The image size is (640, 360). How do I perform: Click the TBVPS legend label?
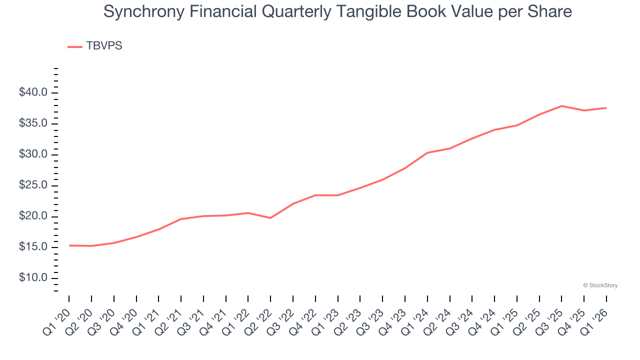(104, 46)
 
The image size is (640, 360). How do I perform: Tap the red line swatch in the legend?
(75, 46)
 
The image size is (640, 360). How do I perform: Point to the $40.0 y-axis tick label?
(33, 92)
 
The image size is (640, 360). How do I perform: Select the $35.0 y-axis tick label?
(33, 123)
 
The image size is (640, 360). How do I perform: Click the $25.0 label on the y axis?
(33, 185)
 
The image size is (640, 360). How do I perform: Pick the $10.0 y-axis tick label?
(33, 278)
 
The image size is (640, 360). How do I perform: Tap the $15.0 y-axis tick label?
(33, 247)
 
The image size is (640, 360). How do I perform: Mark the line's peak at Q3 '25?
(562, 106)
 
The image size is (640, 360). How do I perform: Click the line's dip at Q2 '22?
(270, 218)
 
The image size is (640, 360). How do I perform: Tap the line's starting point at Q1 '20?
(69, 245)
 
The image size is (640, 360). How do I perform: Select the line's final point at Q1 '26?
(606, 108)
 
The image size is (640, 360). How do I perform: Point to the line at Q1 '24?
(427, 152)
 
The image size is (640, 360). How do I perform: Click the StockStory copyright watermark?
(600, 285)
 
